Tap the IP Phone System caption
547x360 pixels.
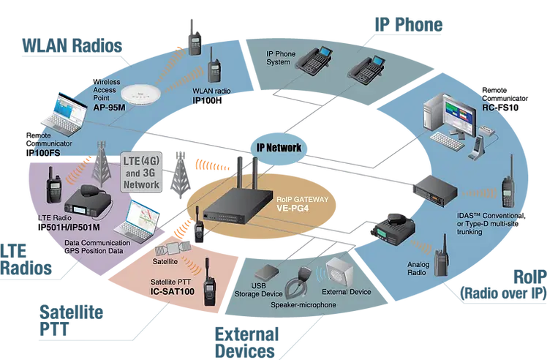[288, 56]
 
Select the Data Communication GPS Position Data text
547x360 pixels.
[102, 247]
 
